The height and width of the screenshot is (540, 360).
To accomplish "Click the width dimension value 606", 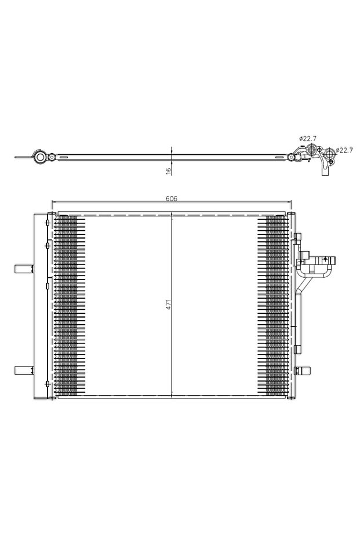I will (x=171, y=198).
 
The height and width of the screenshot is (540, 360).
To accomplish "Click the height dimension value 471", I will (x=168, y=305).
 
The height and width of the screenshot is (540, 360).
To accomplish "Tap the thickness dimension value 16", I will (x=168, y=171).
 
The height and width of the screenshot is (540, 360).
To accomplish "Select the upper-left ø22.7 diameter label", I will (x=308, y=138).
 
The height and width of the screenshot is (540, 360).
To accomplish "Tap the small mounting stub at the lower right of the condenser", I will (x=304, y=371).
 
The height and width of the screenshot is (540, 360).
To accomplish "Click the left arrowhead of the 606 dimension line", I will (x=54, y=202).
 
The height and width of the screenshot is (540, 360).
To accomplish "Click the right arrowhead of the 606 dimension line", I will (x=288, y=202).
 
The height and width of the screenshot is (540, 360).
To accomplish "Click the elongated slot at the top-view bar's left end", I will (x=23, y=157).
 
